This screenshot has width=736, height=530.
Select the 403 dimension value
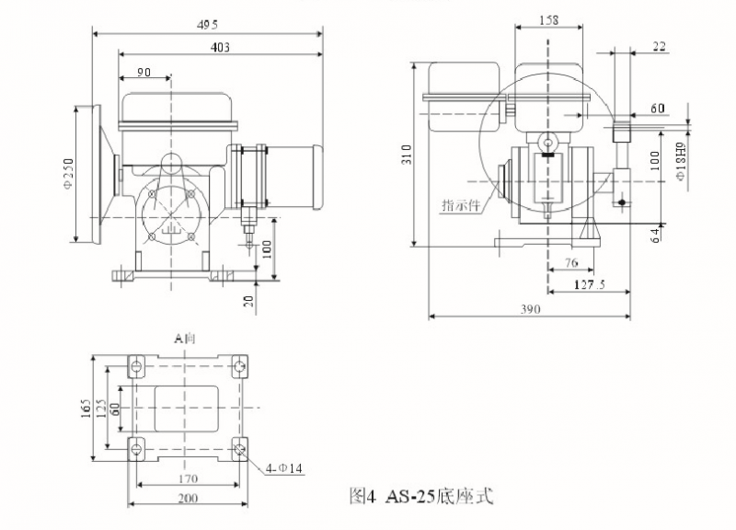click(220, 46)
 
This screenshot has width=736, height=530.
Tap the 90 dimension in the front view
click(144, 72)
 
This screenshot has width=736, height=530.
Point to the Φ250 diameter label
click(77, 172)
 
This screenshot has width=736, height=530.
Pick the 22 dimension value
click(660, 45)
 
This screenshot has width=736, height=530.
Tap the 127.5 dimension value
click(589, 285)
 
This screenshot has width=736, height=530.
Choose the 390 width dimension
click(530, 310)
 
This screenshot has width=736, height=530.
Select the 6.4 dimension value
click(655, 235)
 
